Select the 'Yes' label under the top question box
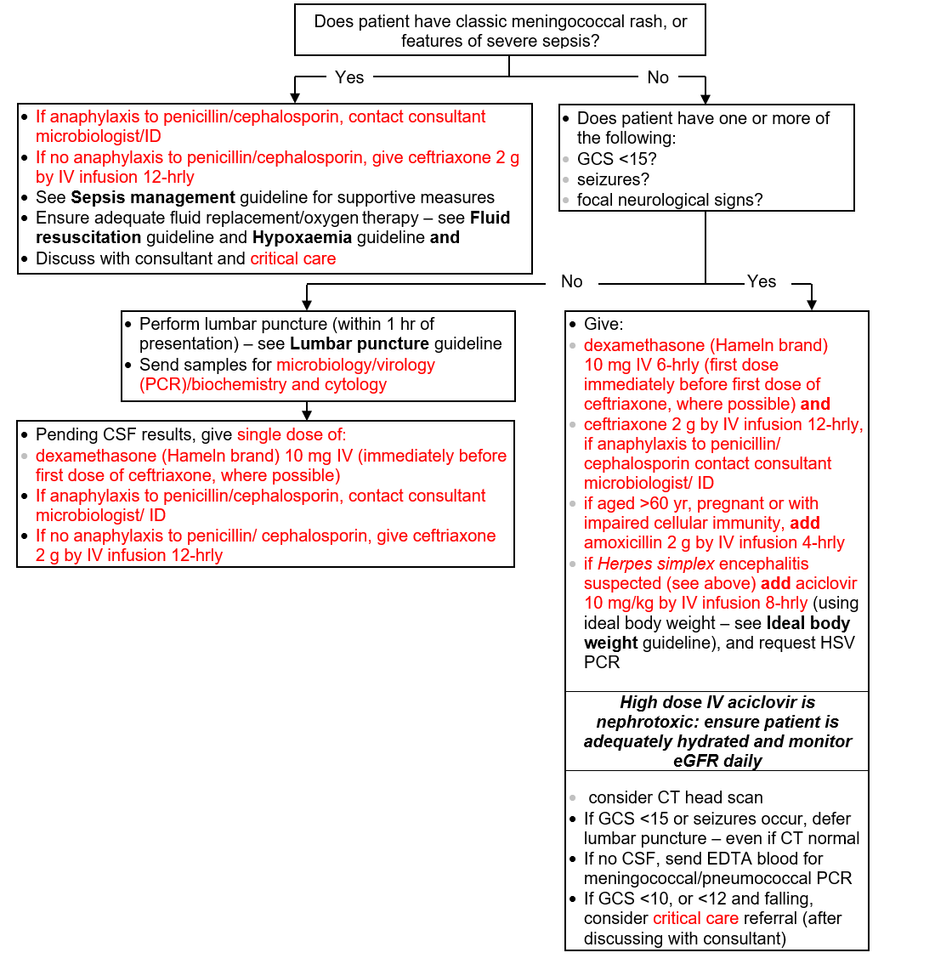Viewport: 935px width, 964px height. coord(349,77)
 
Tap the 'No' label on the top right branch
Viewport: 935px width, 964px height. coord(658,77)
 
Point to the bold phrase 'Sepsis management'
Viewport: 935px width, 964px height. coord(153,197)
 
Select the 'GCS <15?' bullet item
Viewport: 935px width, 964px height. coord(617,159)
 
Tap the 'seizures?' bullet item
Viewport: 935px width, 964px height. coord(613,179)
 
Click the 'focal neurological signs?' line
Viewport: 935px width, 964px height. coord(670,200)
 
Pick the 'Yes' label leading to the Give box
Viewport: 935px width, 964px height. coord(761,281)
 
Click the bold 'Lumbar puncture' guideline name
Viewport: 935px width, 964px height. coord(360,343)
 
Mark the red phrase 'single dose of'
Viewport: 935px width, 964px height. coord(290,434)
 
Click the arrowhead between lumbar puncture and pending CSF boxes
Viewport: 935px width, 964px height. coord(307,414)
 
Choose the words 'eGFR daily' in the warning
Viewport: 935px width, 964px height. coord(717,761)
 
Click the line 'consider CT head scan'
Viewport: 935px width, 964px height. coord(676,797)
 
